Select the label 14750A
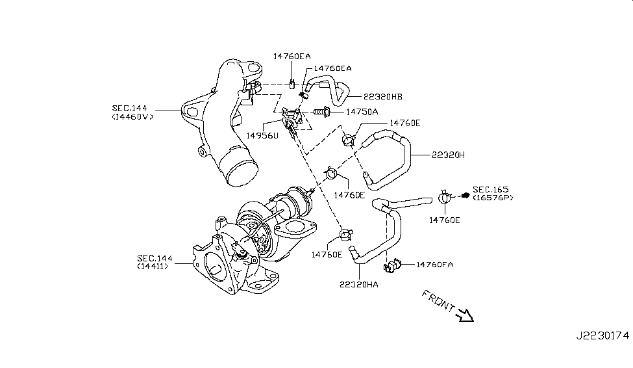pos(361,112)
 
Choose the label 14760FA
pos(434,265)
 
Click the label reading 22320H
pos(447,155)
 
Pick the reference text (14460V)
pos(134,117)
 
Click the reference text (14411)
pos(155,267)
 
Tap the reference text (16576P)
pos(493,197)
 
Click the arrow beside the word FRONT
pos(465,317)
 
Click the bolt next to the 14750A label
pos(322,112)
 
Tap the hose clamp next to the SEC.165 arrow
pos(445,196)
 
